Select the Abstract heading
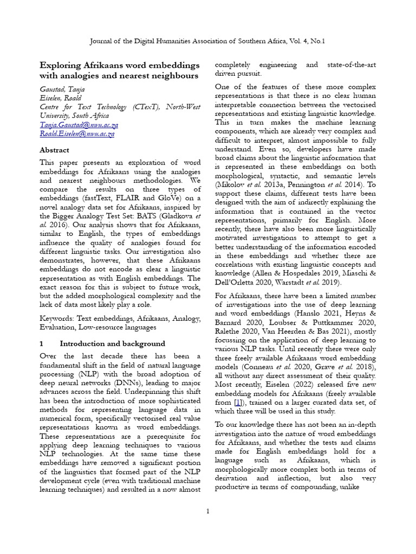(x=55, y=150)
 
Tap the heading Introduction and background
(x=112, y=344)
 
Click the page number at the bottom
(x=208, y=512)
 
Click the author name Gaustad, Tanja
(x=62, y=89)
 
